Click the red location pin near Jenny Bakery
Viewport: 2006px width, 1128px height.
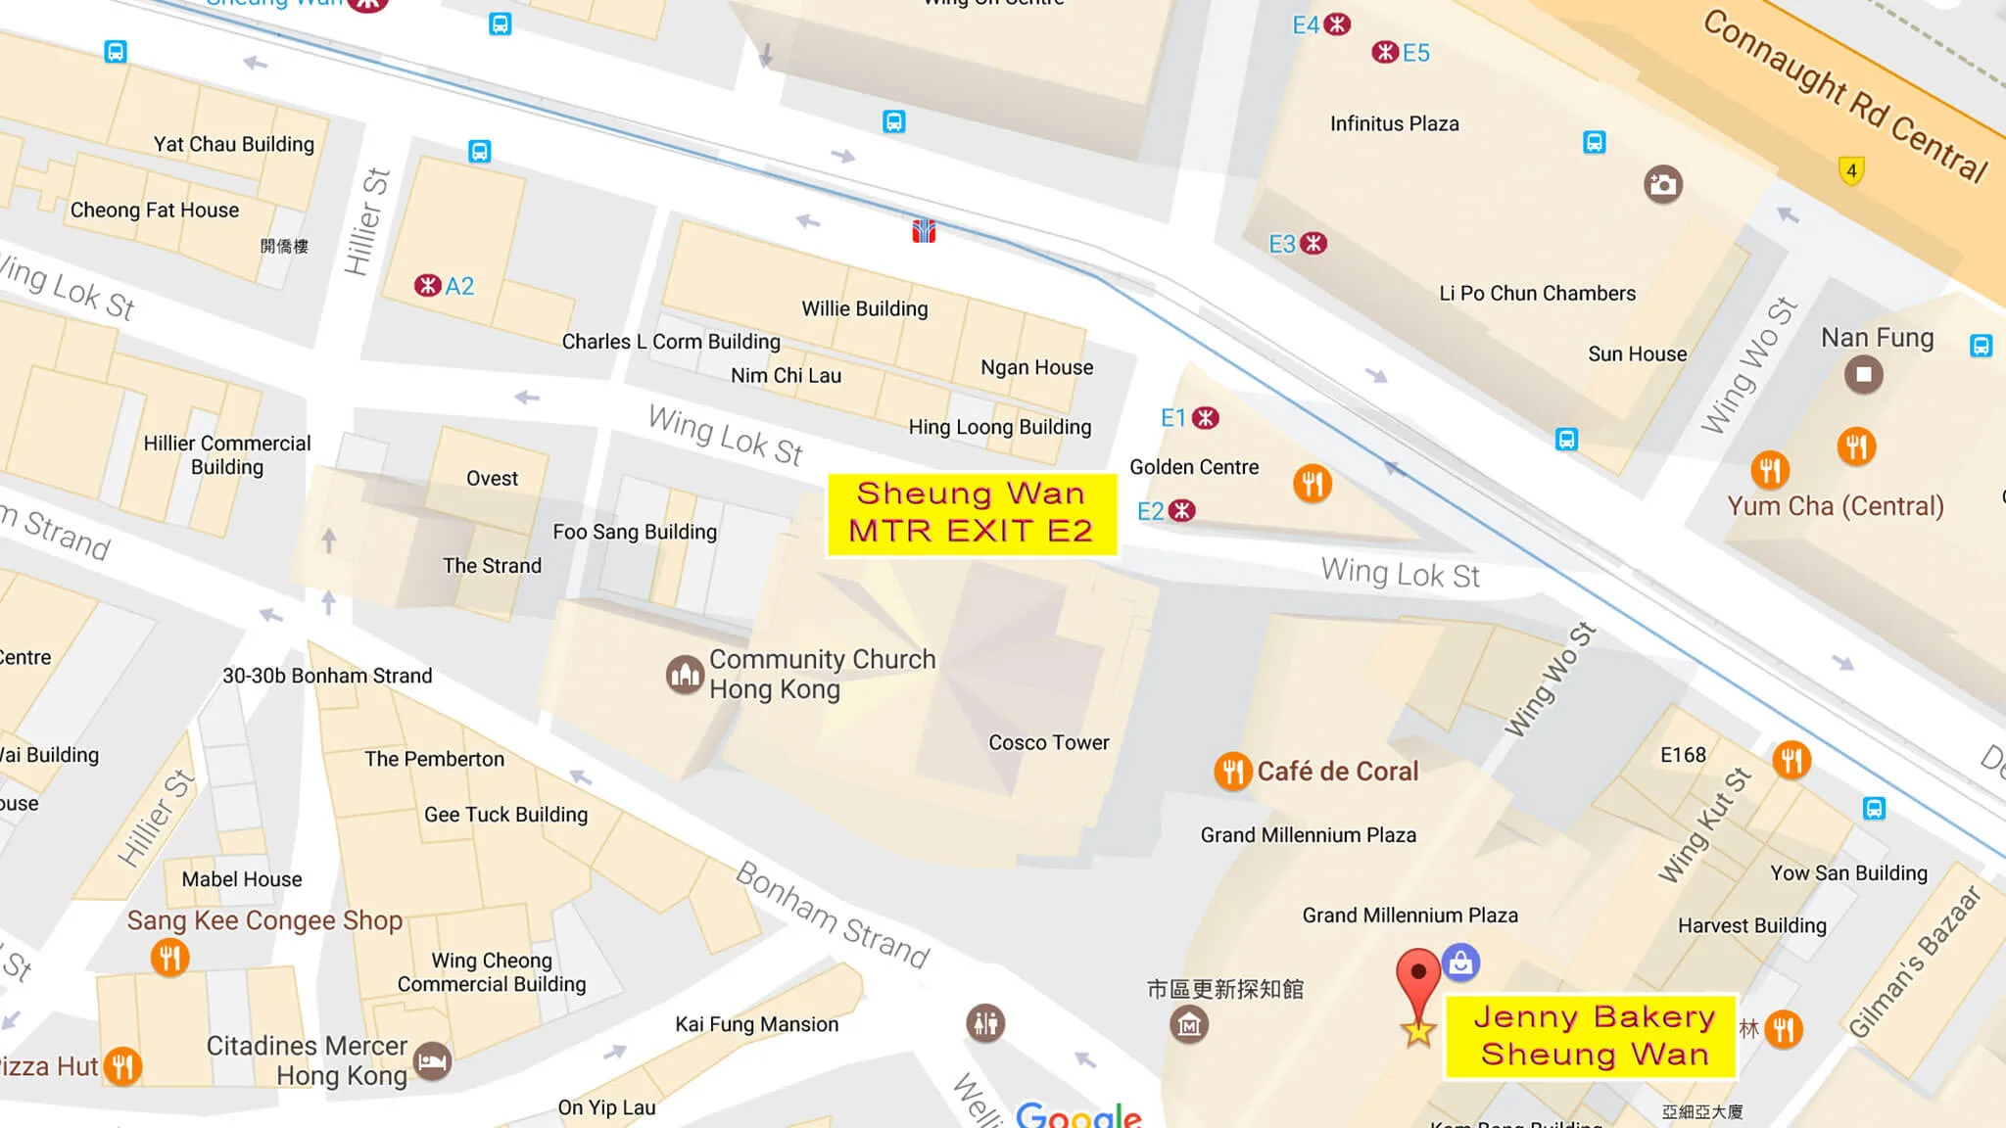[1417, 979]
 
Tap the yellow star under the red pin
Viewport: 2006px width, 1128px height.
[1418, 1031]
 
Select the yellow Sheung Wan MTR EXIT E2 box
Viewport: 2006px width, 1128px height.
[971, 513]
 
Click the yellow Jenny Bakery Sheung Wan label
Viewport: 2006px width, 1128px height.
[1592, 1036]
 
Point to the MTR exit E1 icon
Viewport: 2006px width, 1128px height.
[1206, 418]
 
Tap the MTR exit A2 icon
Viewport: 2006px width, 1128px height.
[427, 286]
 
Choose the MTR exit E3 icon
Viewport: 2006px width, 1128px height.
[1313, 244]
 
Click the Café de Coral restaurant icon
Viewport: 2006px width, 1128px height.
[1232, 772]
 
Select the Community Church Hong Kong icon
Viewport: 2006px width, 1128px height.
[685, 675]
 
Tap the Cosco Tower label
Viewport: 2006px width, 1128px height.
[1048, 743]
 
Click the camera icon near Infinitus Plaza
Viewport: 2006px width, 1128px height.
[1662, 184]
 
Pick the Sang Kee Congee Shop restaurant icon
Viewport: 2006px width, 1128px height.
[169, 957]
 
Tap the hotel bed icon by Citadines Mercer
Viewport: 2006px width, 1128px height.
[432, 1061]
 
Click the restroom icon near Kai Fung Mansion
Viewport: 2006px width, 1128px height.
[985, 1023]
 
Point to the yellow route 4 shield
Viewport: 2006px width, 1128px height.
[1850, 171]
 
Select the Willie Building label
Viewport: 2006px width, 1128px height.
[864, 309]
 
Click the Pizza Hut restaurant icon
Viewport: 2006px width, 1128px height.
[122, 1065]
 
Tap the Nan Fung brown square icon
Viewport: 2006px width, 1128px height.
[1863, 375]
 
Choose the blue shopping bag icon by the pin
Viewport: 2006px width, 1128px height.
[1460, 963]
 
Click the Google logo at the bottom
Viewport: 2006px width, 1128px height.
[1077, 1114]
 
